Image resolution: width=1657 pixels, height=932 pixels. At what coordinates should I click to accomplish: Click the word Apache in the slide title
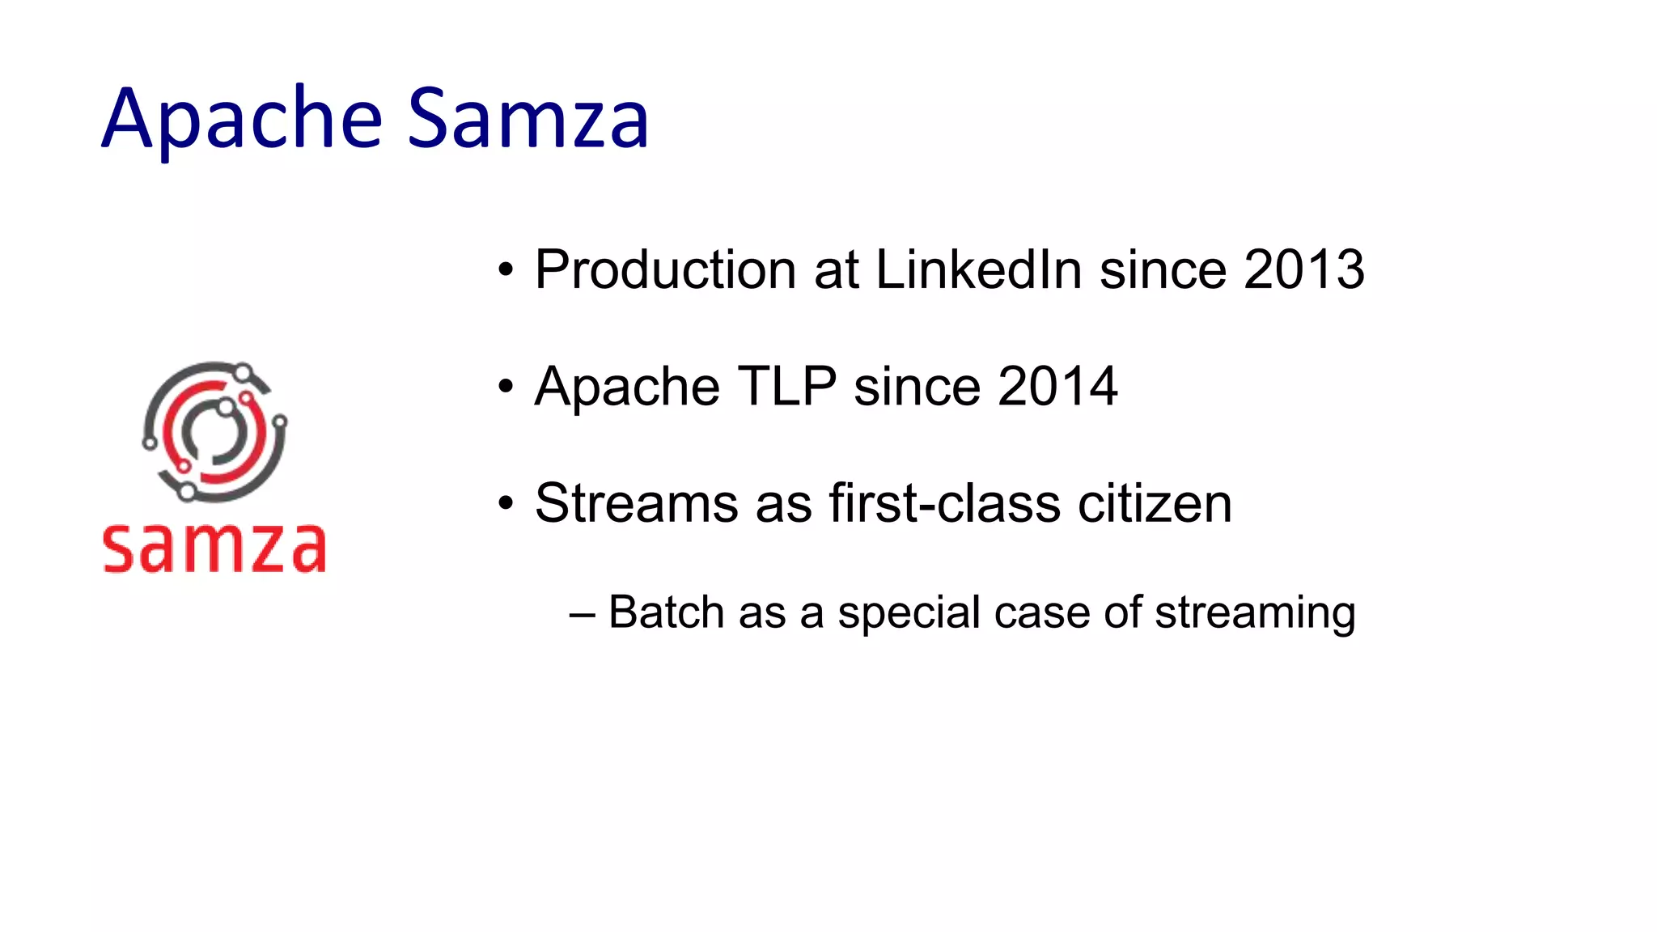click(x=241, y=120)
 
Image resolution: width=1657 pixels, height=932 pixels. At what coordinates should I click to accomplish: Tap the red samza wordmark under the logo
click(x=214, y=549)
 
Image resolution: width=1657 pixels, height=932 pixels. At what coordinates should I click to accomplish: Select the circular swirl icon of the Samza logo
click(x=214, y=432)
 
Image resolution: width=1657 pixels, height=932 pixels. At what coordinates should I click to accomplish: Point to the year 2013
click(x=1304, y=269)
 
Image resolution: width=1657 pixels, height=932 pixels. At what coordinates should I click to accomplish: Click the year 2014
click(x=1057, y=387)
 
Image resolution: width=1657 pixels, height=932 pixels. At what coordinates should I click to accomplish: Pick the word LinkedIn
click(x=978, y=269)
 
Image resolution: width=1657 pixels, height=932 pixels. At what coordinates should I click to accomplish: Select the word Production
click(x=665, y=269)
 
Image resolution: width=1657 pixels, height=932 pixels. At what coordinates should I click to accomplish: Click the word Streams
click(x=636, y=503)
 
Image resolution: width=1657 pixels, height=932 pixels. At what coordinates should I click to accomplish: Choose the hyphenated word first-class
click(x=944, y=503)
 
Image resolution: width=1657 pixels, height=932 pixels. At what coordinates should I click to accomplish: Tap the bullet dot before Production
click(x=506, y=270)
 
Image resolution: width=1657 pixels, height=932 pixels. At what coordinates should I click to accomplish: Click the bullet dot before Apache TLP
click(x=506, y=388)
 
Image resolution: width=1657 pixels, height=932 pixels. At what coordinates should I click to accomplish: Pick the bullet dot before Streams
click(x=506, y=504)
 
